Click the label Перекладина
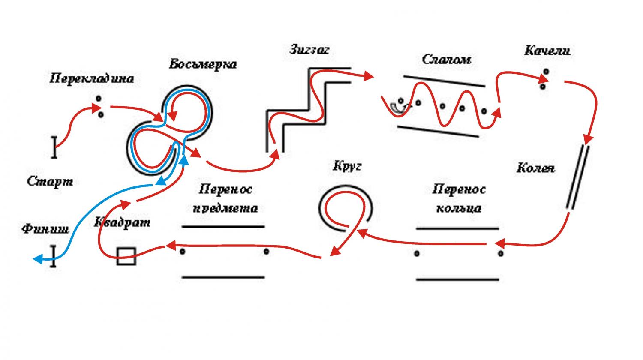(x=92, y=78)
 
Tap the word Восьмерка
(x=203, y=64)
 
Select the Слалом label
(x=446, y=60)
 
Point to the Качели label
(x=547, y=51)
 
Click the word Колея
(x=536, y=168)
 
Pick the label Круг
(x=347, y=166)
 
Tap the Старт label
(x=50, y=181)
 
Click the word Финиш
(x=45, y=229)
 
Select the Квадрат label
(x=122, y=222)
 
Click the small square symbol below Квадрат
(x=126, y=256)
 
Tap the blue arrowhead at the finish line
(x=39, y=259)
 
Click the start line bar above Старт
(x=54, y=147)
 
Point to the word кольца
(x=459, y=208)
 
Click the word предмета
(x=225, y=208)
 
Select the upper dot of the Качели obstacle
(x=546, y=71)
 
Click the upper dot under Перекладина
(x=99, y=99)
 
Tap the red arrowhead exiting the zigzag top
(x=369, y=76)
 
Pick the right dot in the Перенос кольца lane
(x=500, y=253)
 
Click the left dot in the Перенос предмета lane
(x=182, y=252)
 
